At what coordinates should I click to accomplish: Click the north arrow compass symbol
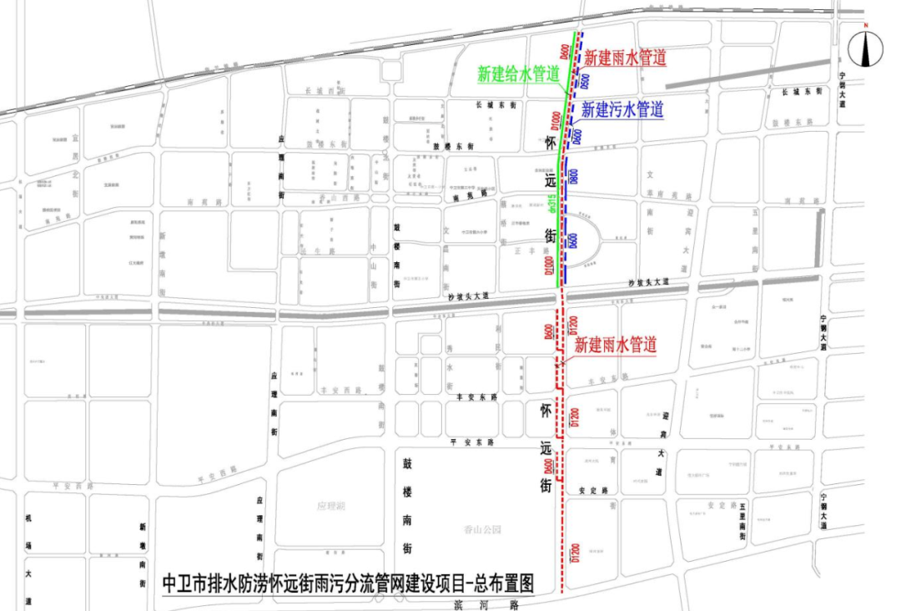(x=867, y=50)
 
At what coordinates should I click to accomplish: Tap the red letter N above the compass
(x=867, y=27)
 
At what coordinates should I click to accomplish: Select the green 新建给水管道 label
(x=518, y=73)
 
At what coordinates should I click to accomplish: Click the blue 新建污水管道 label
(x=622, y=109)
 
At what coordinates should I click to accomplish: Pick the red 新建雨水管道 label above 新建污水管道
(x=625, y=58)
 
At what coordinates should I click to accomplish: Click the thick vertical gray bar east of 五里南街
(x=822, y=237)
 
